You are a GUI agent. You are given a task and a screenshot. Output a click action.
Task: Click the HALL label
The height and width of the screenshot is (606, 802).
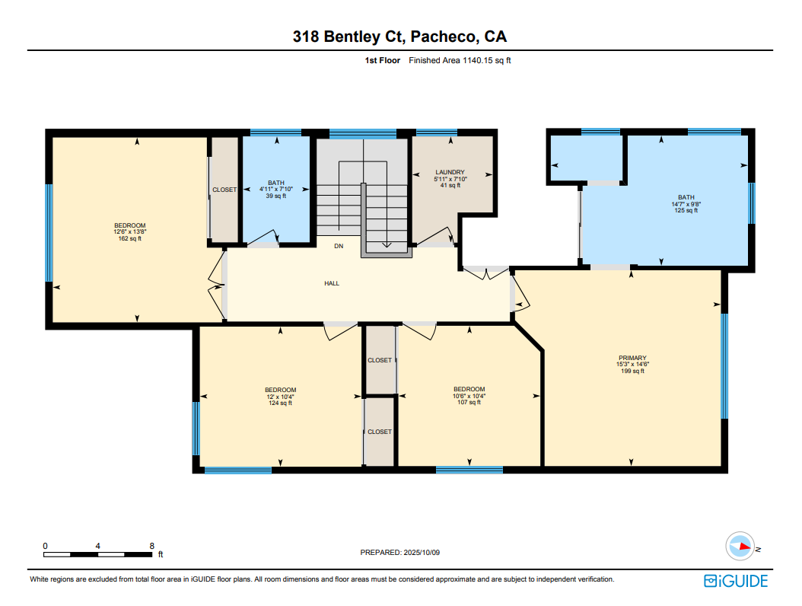tap(332, 283)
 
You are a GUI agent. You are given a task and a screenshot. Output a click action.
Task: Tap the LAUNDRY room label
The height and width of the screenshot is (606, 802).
tap(450, 173)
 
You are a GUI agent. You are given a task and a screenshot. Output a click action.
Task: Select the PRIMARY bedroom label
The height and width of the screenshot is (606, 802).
tap(633, 358)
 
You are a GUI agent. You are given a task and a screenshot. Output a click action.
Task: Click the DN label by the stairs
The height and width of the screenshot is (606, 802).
tap(339, 246)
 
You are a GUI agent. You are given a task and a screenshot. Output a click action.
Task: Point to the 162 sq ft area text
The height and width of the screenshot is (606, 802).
tap(130, 238)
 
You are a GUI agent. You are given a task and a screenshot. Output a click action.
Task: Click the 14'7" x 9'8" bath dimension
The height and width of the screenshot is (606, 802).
tap(686, 204)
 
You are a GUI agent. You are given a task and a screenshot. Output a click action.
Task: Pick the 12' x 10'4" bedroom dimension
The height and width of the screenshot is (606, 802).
tap(280, 397)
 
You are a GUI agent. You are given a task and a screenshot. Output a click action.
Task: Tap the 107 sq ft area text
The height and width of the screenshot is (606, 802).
tap(469, 402)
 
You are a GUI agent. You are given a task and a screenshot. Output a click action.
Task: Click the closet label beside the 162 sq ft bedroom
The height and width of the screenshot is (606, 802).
tap(224, 190)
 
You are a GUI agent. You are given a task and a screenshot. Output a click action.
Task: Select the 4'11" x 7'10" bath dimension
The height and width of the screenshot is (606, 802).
tap(276, 190)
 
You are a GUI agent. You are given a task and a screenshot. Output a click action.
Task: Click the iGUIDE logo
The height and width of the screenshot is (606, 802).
tap(736, 581)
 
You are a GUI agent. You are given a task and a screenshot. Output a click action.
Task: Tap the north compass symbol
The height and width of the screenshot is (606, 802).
tap(740, 547)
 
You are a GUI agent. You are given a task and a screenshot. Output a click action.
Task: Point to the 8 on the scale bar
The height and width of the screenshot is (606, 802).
tap(152, 546)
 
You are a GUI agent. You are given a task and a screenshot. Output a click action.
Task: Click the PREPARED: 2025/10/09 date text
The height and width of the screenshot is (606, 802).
tap(400, 552)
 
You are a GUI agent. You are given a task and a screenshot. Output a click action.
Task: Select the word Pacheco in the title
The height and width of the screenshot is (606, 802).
tap(443, 37)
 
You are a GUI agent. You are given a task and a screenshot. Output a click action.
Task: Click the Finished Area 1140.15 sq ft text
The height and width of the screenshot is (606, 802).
tap(460, 60)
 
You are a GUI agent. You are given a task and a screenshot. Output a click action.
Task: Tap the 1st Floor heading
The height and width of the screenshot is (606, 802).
tap(382, 60)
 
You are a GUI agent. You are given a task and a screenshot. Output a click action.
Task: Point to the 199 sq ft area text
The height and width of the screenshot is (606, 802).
tap(633, 371)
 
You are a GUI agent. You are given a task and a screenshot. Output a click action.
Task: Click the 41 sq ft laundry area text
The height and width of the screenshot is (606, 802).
tap(450, 185)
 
